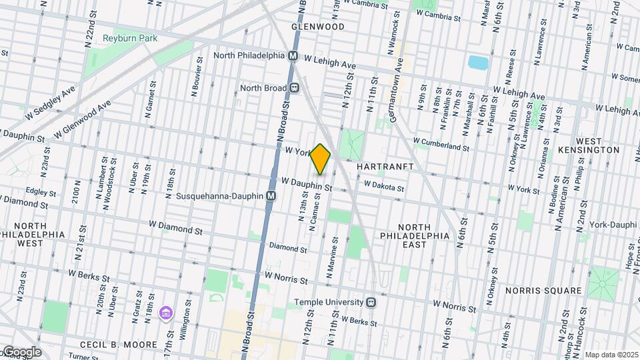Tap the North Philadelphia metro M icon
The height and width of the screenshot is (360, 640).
coord(292,56)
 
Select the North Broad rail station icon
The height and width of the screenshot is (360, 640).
coord(293,87)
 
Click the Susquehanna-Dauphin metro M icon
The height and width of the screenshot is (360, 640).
coord(271,196)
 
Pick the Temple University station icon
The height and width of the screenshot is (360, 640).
coord(371,302)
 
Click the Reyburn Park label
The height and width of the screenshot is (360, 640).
coord(130,38)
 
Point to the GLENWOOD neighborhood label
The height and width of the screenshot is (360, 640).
coord(318,27)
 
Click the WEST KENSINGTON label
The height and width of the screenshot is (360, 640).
coord(597,145)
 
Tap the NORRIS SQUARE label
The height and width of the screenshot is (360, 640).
coord(543,291)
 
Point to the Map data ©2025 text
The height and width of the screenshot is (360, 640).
coord(611,355)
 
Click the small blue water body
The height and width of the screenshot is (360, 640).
coord(478,63)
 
